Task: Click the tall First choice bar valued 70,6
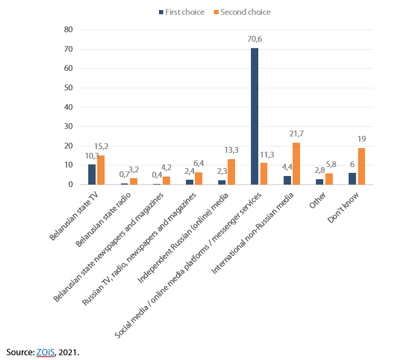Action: tap(255, 116)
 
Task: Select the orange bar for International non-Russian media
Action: tap(296, 164)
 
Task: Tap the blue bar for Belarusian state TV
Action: tap(92, 174)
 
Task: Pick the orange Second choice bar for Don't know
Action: tap(361, 167)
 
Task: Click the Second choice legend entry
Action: tap(244, 12)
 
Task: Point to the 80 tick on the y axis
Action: tap(68, 30)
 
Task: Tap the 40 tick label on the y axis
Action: tap(68, 107)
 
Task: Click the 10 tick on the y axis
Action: tap(68, 165)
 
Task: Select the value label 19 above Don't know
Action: tap(362, 139)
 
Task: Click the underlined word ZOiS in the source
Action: tap(45, 352)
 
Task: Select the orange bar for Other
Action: tap(329, 179)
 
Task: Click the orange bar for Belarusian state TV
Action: tap(100, 170)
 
